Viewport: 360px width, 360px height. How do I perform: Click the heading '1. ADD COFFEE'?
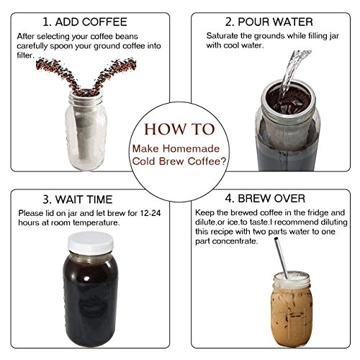[x=85, y=22]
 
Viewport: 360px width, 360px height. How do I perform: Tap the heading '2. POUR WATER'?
[x=269, y=22]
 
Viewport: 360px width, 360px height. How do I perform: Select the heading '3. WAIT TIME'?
[x=78, y=199]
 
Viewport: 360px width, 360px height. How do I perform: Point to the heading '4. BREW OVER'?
[x=265, y=199]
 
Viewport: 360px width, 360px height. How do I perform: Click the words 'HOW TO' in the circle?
[x=179, y=129]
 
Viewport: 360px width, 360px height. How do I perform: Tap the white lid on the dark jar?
[x=91, y=243]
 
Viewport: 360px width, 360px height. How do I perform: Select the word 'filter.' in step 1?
[x=26, y=55]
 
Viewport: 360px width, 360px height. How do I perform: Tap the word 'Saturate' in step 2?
[x=222, y=36]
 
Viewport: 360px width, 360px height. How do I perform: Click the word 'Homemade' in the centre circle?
[x=191, y=148]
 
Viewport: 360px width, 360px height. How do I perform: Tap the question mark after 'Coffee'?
[x=224, y=161]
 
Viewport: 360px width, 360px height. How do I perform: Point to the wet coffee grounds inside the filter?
[x=288, y=99]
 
